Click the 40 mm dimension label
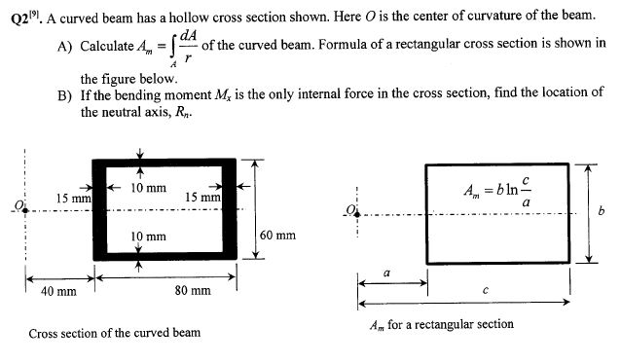(x=59, y=291)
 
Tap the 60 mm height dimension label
(x=278, y=235)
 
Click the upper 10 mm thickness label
(x=148, y=186)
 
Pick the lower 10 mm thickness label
(x=148, y=237)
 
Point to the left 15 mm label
(x=72, y=199)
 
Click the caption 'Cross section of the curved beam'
(x=115, y=333)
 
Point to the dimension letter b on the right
(x=602, y=214)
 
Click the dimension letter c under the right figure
(x=486, y=290)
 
